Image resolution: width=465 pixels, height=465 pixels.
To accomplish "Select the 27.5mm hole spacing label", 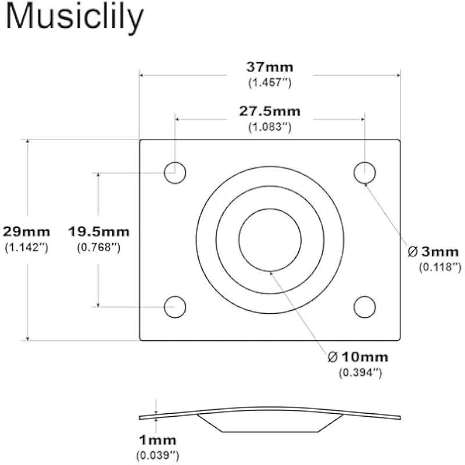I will (270, 111).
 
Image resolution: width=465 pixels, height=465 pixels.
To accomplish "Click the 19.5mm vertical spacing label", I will (99, 231).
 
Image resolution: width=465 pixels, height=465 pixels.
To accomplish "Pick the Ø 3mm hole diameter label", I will (434, 252).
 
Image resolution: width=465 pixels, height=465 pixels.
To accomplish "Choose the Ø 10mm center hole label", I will (358, 356).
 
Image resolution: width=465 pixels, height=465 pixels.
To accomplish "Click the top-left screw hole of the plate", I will (175, 173).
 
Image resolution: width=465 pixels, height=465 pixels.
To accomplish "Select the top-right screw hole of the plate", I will (364, 173).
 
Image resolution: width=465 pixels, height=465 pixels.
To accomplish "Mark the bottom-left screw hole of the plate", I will (175, 307).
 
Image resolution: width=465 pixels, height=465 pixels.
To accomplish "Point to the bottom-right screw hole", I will (364, 307).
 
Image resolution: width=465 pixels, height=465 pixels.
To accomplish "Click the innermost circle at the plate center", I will (270, 240).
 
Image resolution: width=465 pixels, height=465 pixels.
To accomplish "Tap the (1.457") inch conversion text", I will (270, 83).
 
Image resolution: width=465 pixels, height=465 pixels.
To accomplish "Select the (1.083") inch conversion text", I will (270, 126).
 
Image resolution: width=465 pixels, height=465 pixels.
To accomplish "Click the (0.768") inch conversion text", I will (99, 247).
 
